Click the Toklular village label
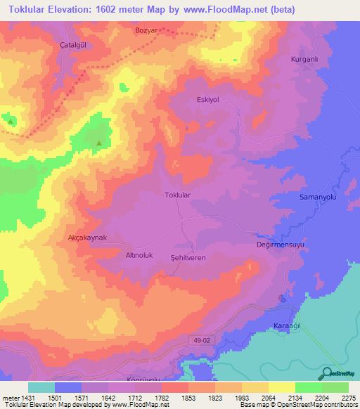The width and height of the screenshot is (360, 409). (177, 195)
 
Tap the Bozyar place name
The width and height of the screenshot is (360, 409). (148, 31)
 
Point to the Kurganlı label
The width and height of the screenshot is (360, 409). (305, 60)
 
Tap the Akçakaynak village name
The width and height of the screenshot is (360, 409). (86, 238)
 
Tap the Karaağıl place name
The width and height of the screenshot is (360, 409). (286, 327)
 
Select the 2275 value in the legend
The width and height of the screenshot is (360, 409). (349, 398)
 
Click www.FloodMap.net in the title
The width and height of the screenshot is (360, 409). (228, 9)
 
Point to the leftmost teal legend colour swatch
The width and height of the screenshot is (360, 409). (41, 387)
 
